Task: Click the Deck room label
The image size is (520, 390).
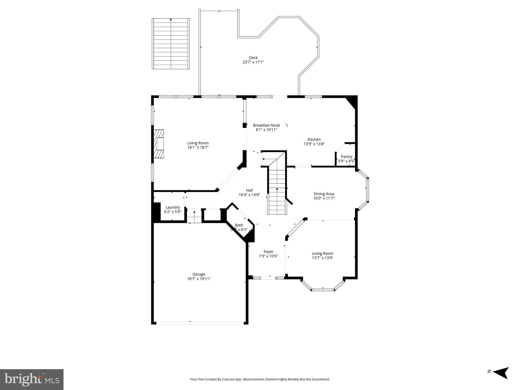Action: pyautogui.click(x=253, y=58)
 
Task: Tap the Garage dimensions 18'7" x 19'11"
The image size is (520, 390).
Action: pyautogui.click(x=199, y=279)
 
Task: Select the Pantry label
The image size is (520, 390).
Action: pyautogui.click(x=346, y=157)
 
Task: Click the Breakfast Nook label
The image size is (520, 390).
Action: pyautogui.click(x=266, y=125)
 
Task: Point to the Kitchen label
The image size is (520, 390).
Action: pyautogui.click(x=314, y=139)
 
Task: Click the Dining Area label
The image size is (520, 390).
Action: pyautogui.click(x=324, y=194)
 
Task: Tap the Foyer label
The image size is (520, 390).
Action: pyautogui.click(x=268, y=252)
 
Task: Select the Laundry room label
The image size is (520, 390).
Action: pyautogui.click(x=172, y=207)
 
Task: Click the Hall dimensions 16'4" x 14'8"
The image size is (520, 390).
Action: pyautogui.click(x=249, y=195)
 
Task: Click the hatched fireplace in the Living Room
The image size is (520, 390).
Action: pyautogui.click(x=159, y=144)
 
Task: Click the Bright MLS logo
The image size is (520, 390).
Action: pyautogui.click(x=31, y=379)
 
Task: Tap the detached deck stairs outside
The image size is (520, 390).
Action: pyautogui.click(x=171, y=44)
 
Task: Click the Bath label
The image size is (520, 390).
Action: pyautogui.click(x=239, y=225)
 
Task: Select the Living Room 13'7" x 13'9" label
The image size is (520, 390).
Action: pyautogui.click(x=322, y=253)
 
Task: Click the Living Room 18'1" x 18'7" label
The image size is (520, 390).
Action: pyautogui.click(x=198, y=143)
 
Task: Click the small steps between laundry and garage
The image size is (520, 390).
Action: pyautogui.click(x=194, y=217)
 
